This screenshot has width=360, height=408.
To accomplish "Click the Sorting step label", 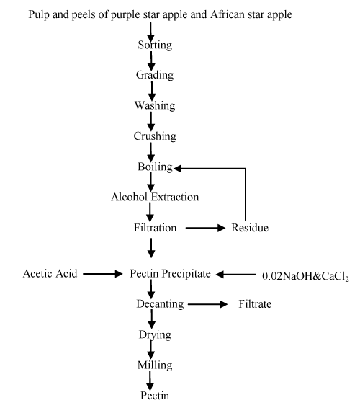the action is coord(155,45).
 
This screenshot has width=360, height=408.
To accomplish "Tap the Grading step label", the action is coord(155,75).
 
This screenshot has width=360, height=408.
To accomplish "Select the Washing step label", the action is coord(155,106).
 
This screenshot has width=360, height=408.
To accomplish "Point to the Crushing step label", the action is coord(155,136).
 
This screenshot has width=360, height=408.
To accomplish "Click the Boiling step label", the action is coord(156,167).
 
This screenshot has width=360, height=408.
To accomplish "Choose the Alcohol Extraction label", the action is coord(155,197).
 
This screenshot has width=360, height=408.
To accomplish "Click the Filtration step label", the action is coord(156,228).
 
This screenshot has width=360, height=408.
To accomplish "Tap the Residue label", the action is coord(250,228).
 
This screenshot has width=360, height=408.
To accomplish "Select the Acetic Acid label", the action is coord(50,274).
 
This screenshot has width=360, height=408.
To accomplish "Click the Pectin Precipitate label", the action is coord(170,274).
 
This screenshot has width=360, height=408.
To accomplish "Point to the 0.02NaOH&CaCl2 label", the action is coord(305,276).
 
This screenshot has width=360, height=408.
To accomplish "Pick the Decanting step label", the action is coord(160,304).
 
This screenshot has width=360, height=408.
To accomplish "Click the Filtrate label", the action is coord(255,304).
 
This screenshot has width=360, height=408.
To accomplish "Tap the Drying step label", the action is coord(156,335).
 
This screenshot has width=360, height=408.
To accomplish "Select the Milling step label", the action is coord(155,365).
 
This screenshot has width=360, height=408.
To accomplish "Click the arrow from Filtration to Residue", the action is coord(205,228).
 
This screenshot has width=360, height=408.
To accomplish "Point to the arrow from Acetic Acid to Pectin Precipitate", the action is coord(103,274).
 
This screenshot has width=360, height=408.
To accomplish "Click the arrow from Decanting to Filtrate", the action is coord(207,304).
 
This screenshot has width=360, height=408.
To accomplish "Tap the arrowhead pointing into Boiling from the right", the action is coord(177,169).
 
